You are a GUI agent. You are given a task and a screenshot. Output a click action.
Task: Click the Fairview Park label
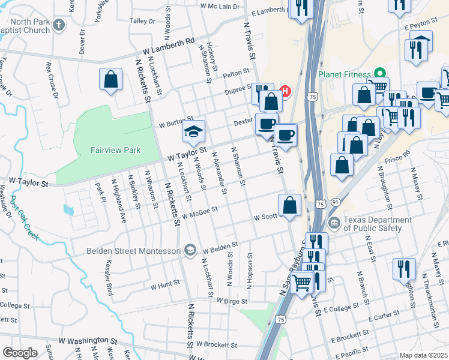(x=116, y=150)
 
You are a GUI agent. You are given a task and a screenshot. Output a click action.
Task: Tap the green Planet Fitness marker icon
(x=379, y=71)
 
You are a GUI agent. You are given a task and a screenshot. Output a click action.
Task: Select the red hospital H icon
(x=286, y=92)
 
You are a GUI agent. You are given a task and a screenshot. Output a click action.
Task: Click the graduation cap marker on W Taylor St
(x=194, y=131)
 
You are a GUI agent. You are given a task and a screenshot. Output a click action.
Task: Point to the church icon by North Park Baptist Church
(x=58, y=25)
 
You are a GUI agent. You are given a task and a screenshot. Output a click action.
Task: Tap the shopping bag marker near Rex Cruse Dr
(x=111, y=80)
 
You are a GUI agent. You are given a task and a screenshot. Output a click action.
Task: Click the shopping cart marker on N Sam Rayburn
(x=303, y=281)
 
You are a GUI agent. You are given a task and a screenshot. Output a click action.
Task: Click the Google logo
(x=20, y=353)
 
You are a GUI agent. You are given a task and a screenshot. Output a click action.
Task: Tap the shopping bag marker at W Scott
(x=290, y=205)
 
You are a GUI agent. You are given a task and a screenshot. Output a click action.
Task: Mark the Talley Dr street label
(x=142, y=20)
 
